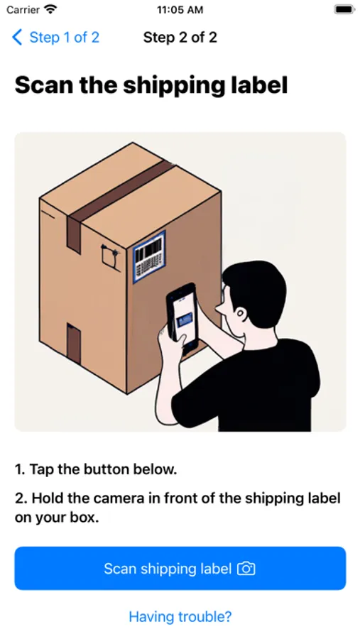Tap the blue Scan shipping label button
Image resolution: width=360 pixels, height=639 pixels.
click(x=180, y=568)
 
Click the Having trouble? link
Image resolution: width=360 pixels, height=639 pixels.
click(x=180, y=616)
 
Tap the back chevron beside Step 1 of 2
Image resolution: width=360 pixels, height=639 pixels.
click(x=17, y=38)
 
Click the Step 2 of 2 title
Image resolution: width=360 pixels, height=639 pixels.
click(x=180, y=38)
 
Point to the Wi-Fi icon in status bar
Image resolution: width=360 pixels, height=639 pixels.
click(x=50, y=9)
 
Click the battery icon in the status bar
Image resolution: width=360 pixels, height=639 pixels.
click(x=344, y=9)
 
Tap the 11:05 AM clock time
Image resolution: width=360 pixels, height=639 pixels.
click(x=180, y=10)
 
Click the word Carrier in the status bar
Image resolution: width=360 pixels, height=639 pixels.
click(x=23, y=10)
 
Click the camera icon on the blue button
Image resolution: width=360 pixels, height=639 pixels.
click(x=246, y=569)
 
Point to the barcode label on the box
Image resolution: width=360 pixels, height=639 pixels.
click(x=149, y=256)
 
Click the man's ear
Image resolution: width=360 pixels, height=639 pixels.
click(x=240, y=314)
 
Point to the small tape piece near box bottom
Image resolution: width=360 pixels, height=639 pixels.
click(x=74, y=343)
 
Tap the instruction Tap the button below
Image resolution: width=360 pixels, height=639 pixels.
click(x=96, y=469)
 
